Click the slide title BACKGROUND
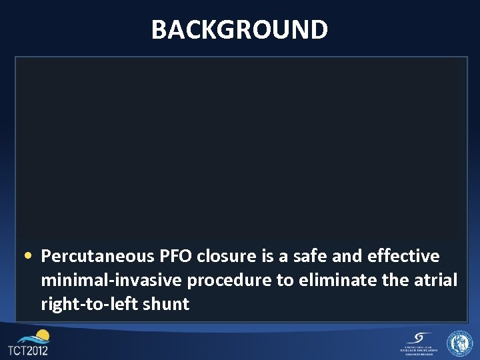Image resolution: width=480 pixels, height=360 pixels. click(239, 30)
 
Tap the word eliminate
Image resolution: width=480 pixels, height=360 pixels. click(329, 281)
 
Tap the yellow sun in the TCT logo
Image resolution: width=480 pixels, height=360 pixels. click(42, 335)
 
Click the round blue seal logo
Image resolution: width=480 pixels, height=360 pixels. click(459, 343)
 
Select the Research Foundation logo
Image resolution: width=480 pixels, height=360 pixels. click(418, 343)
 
